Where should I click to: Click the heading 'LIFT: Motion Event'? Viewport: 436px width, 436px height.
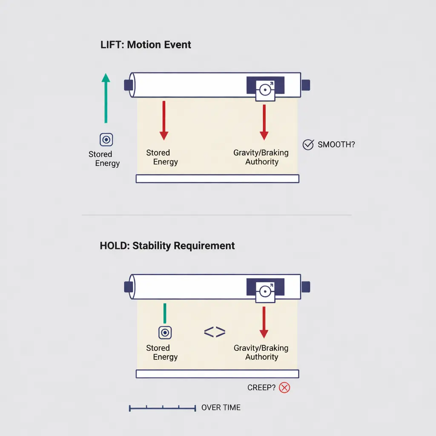tap(146, 45)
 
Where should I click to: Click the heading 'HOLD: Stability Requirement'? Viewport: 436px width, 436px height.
tap(167, 246)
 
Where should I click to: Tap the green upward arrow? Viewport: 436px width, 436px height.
tap(106, 98)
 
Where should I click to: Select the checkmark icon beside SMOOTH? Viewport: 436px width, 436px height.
tap(308, 145)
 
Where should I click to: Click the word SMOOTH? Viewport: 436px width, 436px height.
tap(336, 145)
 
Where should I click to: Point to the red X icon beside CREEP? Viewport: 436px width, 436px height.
tap(284, 387)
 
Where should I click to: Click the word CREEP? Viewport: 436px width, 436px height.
tap(261, 387)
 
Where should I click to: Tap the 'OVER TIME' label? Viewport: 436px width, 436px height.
tap(221, 407)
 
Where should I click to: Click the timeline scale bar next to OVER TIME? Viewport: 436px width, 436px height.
tap(162, 408)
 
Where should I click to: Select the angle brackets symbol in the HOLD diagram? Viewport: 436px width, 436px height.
tap(215, 332)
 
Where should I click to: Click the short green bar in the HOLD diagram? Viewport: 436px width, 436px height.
tap(165, 313)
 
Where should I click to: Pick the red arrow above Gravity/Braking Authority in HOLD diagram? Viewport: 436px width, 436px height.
tap(264, 322)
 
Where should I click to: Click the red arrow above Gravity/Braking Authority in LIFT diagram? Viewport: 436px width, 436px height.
tap(264, 122)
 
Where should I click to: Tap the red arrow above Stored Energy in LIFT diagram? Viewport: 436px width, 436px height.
tap(164, 120)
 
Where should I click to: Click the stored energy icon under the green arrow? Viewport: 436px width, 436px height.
tap(106, 140)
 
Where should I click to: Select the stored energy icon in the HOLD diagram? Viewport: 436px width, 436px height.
tap(165, 333)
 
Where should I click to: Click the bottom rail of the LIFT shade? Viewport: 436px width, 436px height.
tap(218, 178)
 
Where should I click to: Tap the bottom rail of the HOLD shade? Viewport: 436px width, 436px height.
tap(218, 374)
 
